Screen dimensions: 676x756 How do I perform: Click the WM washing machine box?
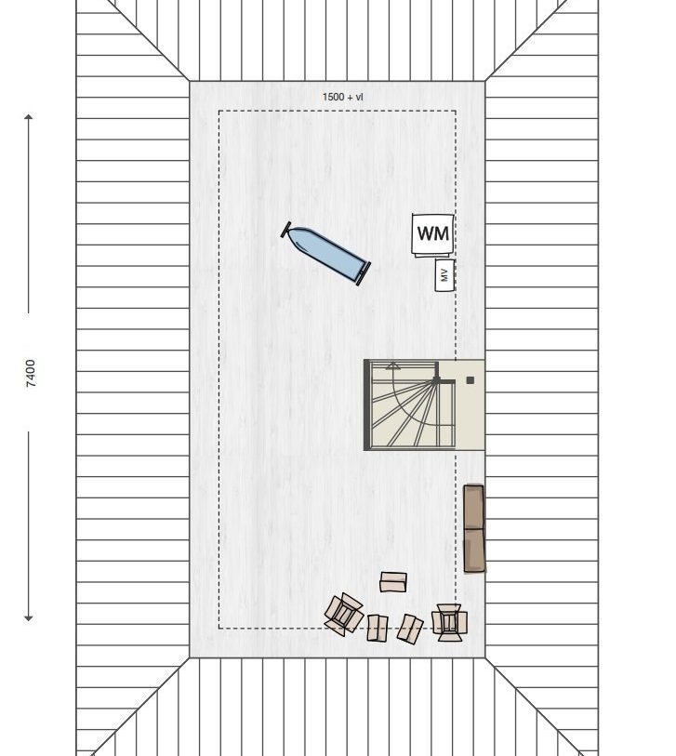433,234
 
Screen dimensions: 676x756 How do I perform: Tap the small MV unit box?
444,275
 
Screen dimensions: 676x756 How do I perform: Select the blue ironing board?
326,254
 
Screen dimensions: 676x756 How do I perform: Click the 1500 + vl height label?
343,97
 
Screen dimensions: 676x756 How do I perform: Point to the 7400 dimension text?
31,373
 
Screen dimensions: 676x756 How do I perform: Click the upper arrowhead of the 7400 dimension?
29,116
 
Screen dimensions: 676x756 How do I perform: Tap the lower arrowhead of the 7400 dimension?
29,618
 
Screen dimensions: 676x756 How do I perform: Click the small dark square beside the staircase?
471,380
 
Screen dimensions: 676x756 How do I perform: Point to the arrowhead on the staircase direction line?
393,365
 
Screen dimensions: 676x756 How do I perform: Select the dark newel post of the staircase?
436,381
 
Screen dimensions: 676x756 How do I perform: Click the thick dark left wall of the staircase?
366,405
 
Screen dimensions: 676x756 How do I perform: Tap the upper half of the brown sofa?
473,507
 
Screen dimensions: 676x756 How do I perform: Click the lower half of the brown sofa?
474,550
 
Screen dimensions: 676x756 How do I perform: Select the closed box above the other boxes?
393,582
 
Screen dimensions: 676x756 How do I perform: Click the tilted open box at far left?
344,614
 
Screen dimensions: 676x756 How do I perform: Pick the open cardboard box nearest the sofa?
449,622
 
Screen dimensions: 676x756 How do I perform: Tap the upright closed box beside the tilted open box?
378,628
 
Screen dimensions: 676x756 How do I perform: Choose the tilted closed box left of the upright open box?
410,629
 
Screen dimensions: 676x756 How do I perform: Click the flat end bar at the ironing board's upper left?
285,230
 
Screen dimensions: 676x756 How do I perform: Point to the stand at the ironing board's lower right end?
364,274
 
